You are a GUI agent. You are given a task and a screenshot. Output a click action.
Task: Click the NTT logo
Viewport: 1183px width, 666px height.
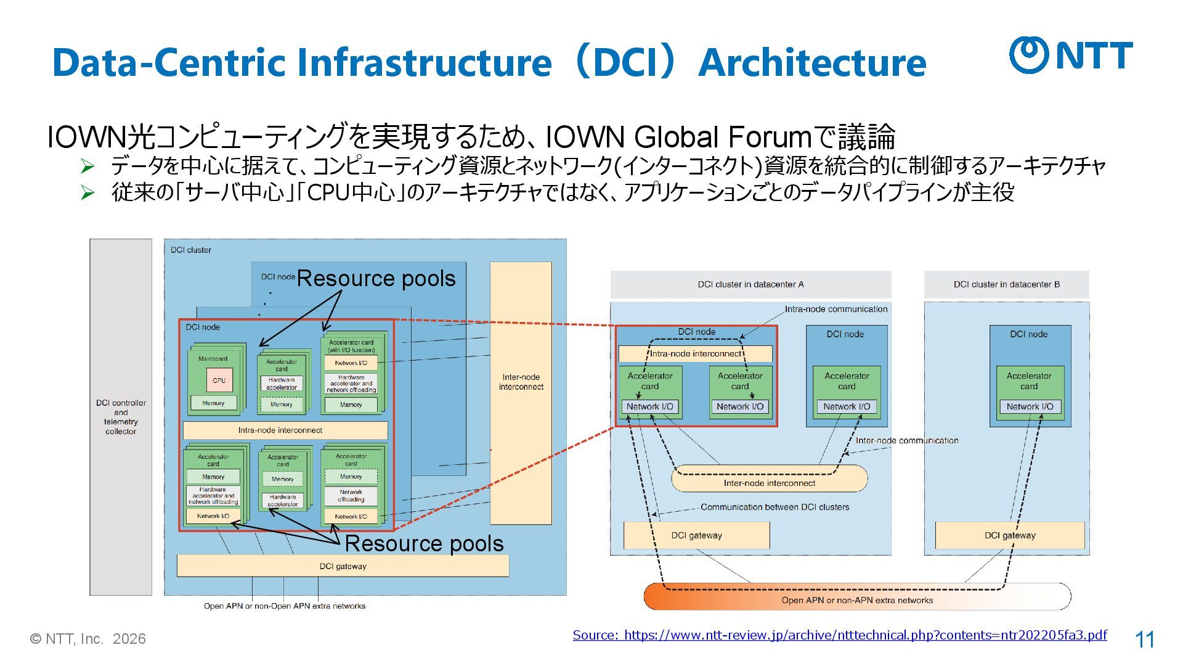pyautogui.click(x=1071, y=55)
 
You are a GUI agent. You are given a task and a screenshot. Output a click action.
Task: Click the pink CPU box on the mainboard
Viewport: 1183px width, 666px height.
pyautogui.click(x=219, y=380)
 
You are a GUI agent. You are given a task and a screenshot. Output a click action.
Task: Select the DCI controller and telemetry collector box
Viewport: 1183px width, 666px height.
pyautogui.click(x=121, y=417)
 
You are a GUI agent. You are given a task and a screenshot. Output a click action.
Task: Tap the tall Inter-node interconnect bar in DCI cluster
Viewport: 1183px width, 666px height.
pyautogui.click(x=521, y=393)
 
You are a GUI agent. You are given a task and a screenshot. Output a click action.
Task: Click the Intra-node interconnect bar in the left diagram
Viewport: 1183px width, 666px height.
pyautogui.click(x=285, y=430)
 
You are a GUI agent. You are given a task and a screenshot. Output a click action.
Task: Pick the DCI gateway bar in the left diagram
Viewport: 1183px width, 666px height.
pyautogui.click(x=343, y=566)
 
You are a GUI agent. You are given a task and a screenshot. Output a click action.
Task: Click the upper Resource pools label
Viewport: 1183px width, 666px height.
pyautogui.click(x=376, y=279)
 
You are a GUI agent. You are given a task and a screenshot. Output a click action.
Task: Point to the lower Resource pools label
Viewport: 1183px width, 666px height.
pyautogui.click(x=424, y=543)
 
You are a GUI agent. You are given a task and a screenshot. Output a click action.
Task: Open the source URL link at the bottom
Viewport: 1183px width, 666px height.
pyautogui.click(x=839, y=635)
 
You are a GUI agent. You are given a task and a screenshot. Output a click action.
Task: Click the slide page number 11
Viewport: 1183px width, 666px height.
pyautogui.click(x=1144, y=639)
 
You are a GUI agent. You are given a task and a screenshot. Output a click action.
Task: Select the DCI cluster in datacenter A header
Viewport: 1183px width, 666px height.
pyautogui.click(x=750, y=284)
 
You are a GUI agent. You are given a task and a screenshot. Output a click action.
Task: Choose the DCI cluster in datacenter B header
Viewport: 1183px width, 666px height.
pyautogui.click(x=1006, y=284)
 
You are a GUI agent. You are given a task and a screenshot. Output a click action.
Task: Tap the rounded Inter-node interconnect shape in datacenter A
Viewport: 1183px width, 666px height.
pyautogui.click(x=769, y=479)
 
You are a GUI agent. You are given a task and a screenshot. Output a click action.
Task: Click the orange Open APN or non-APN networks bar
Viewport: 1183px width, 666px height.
pyautogui.click(x=856, y=597)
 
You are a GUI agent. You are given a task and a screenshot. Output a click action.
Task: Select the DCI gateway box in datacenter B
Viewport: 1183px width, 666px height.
pyautogui.click(x=1009, y=535)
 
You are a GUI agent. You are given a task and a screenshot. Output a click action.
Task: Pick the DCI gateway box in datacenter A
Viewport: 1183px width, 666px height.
pyautogui.click(x=696, y=535)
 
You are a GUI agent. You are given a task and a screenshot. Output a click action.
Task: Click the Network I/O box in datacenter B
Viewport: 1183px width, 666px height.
pyautogui.click(x=1030, y=406)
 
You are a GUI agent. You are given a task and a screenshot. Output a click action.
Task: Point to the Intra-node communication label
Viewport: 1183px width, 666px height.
pyautogui.click(x=835, y=309)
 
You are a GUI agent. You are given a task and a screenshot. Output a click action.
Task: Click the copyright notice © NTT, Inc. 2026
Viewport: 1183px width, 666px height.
pyautogui.click(x=88, y=639)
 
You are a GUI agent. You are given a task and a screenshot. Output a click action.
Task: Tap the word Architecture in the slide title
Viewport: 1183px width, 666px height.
pyautogui.click(x=811, y=62)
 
